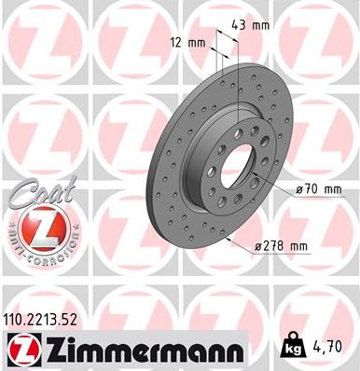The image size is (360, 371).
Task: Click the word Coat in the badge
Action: [35, 194]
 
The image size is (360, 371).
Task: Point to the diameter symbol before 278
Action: [257, 245]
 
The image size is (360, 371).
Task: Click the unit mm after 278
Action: [298, 245]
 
